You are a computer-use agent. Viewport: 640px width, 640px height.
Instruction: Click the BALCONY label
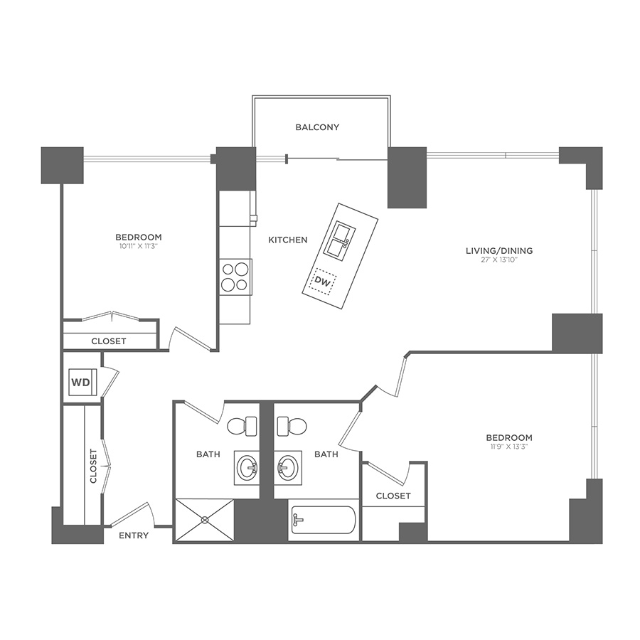[317, 127]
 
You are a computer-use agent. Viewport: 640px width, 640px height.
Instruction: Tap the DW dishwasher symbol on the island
[324, 283]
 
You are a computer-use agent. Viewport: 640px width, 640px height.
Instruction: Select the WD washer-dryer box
[81, 383]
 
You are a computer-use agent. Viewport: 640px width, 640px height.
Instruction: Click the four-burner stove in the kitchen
[235, 277]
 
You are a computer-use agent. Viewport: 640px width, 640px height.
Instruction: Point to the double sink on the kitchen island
[337, 239]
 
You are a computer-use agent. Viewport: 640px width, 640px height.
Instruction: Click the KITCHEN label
[287, 240]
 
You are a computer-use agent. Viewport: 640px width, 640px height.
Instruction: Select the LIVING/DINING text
[498, 250]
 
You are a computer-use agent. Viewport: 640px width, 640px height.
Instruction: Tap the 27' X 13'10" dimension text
[498, 261]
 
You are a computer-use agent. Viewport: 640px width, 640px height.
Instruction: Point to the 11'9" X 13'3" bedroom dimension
[508, 447]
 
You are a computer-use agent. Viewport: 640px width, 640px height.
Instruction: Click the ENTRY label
[134, 535]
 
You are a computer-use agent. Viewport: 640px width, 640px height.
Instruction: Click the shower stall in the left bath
[205, 521]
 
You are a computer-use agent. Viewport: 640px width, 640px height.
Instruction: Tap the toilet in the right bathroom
[291, 427]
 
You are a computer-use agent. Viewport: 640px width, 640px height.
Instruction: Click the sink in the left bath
[247, 469]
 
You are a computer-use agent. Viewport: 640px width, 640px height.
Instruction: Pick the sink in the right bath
[287, 469]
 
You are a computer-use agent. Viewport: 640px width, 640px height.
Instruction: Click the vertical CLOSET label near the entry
[93, 466]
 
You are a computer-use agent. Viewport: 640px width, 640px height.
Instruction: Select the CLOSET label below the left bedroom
[109, 341]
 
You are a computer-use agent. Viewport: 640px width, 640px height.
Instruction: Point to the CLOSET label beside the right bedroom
[393, 496]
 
